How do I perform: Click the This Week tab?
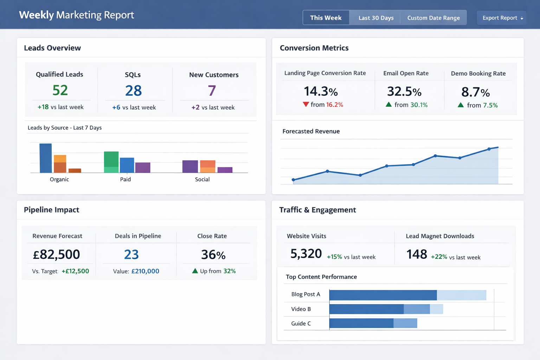326,18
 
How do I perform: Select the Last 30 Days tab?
376,18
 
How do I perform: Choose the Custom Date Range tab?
433,18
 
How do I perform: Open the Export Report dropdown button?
502,18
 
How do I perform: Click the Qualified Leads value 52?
60,90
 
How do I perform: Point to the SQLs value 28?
134,91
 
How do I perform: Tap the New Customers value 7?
212,91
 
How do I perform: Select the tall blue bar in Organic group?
46,158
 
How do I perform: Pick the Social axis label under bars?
202,179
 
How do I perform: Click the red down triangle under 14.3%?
306,104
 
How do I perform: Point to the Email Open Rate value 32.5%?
404,91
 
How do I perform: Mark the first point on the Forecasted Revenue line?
294,180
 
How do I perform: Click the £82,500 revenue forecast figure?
57,254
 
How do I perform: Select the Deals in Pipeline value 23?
131,254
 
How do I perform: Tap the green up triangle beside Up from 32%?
195,271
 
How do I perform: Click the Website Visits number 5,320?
306,253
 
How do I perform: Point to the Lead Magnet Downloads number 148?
417,254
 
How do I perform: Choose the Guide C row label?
301,323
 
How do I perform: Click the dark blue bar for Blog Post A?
383,295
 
